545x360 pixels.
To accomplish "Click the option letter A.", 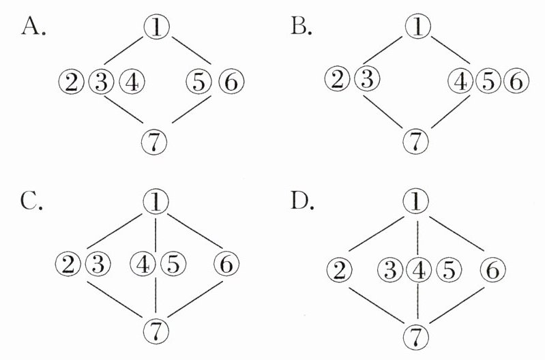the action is point(33,27).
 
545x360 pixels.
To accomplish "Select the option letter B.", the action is point(301,27).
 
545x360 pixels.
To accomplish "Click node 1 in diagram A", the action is point(157,26).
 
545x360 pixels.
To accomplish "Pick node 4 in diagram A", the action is point(132,83).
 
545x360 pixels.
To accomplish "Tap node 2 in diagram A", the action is point(71,83).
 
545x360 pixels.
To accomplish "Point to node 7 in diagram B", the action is point(413,142).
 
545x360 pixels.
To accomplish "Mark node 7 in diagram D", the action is point(413,334).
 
